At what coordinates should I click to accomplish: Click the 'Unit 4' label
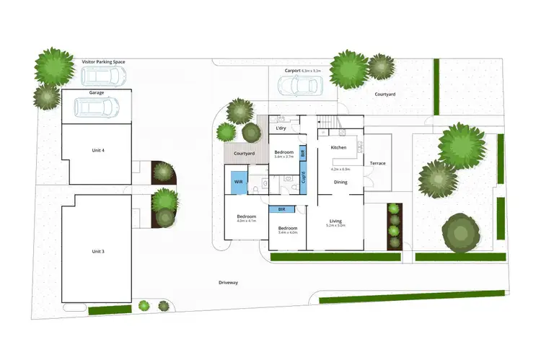[98, 150]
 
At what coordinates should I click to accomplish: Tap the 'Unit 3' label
[98, 251]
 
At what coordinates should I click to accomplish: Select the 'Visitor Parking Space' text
[104, 63]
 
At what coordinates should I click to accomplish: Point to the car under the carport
[300, 85]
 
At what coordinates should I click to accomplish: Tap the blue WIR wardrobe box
[239, 183]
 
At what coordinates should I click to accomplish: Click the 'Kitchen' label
[338, 147]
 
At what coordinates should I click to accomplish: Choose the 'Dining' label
[340, 182]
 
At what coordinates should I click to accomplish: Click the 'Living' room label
[335, 221]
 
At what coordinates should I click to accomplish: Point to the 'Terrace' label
[377, 163]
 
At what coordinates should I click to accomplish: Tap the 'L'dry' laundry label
[283, 128]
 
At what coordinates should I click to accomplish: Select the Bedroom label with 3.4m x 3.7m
[284, 152]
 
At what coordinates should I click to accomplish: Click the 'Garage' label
[97, 93]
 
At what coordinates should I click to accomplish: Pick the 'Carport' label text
[292, 71]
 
